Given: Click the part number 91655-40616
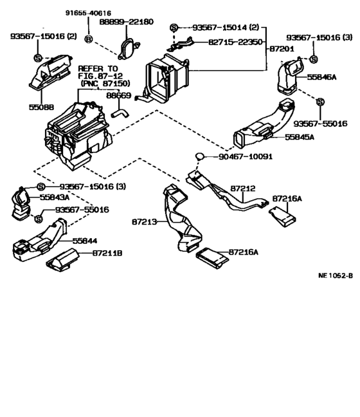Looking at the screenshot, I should [88, 12].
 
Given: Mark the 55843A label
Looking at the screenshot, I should [55, 197].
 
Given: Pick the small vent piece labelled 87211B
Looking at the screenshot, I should [61, 264].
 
